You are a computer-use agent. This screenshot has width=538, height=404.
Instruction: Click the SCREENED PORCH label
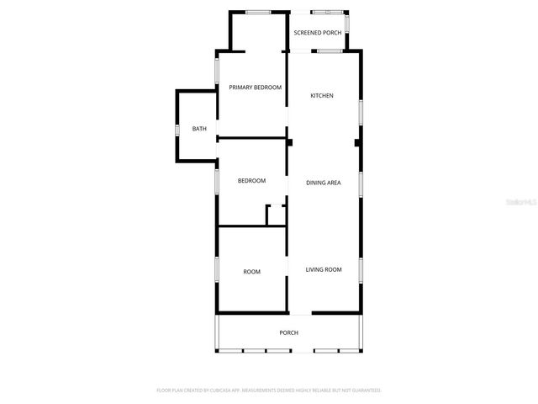coord(318,32)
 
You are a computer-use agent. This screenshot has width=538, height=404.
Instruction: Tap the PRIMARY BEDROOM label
coord(255,87)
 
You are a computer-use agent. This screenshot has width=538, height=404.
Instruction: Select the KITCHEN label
coord(322,95)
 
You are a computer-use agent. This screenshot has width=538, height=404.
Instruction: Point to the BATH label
coord(199,129)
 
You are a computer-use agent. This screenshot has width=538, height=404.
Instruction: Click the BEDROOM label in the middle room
coord(251,181)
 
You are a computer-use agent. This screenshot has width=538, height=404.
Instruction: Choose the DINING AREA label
coord(323,183)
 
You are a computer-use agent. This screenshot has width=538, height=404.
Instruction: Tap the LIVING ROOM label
coord(324,269)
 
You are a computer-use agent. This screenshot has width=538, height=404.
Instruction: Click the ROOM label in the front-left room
coord(251,272)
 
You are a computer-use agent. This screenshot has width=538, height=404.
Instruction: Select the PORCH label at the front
coord(288,332)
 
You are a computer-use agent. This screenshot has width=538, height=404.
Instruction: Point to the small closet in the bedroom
coord(276,215)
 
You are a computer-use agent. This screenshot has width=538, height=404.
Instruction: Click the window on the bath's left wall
coord(177,130)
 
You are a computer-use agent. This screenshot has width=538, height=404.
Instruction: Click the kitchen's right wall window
coord(361,112)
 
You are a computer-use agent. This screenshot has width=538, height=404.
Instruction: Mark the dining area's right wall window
coord(361,183)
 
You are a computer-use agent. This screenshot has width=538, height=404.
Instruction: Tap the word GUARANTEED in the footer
coord(366,391)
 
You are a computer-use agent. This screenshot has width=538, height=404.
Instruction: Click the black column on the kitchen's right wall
coord(358,143)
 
